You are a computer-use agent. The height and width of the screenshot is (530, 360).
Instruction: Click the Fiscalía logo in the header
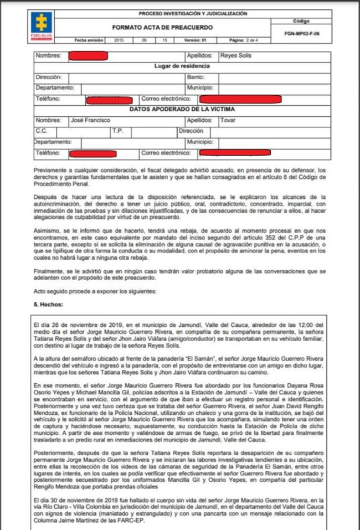41,24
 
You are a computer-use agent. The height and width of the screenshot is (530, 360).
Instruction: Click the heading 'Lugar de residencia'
180,66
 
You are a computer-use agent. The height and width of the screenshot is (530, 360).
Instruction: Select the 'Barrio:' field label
196,77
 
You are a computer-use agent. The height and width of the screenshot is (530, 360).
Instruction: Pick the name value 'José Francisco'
90,120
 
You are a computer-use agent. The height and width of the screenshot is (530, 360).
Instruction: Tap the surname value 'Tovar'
228,120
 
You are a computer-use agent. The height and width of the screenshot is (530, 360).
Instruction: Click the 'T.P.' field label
117,131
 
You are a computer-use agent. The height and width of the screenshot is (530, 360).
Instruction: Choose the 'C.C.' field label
42,131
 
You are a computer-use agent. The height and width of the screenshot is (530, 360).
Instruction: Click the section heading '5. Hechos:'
49,304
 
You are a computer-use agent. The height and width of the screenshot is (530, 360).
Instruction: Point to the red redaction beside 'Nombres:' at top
88,56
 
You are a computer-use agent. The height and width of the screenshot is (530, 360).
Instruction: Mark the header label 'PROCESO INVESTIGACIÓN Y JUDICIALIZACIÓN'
193,13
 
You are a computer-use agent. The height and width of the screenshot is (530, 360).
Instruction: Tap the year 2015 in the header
119,40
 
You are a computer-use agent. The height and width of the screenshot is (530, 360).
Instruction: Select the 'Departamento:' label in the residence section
54,88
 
